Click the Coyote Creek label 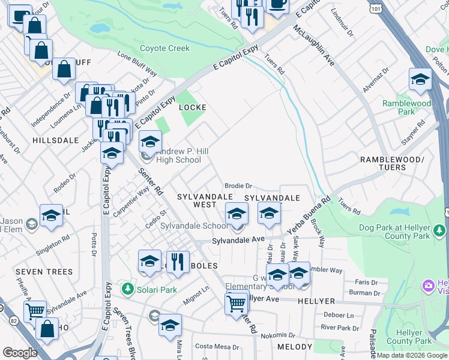pos(164,48)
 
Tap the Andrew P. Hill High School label pos(178,155)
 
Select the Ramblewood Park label pos(406,107)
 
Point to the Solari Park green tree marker pos(127,289)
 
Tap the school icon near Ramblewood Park pos(420,80)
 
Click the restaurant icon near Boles pos(178,262)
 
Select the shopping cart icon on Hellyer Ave pos(237,304)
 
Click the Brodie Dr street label pos(238,186)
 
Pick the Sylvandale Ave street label pos(238,240)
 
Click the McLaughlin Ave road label pos(313,45)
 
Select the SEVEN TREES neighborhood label pos(45,272)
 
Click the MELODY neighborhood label pos(295,347)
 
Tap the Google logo pos(20,353)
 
